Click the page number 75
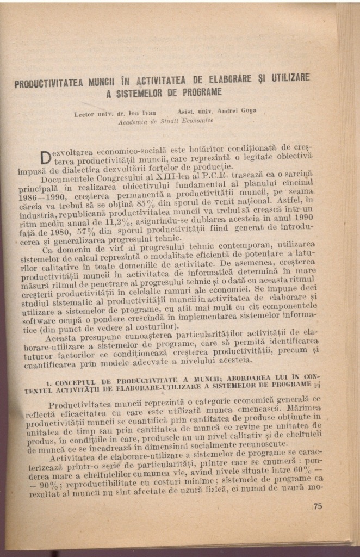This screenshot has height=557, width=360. pyautogui.click(x=318, y=506)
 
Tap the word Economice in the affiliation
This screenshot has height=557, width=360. pyautogui.click(x=196, y=119)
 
